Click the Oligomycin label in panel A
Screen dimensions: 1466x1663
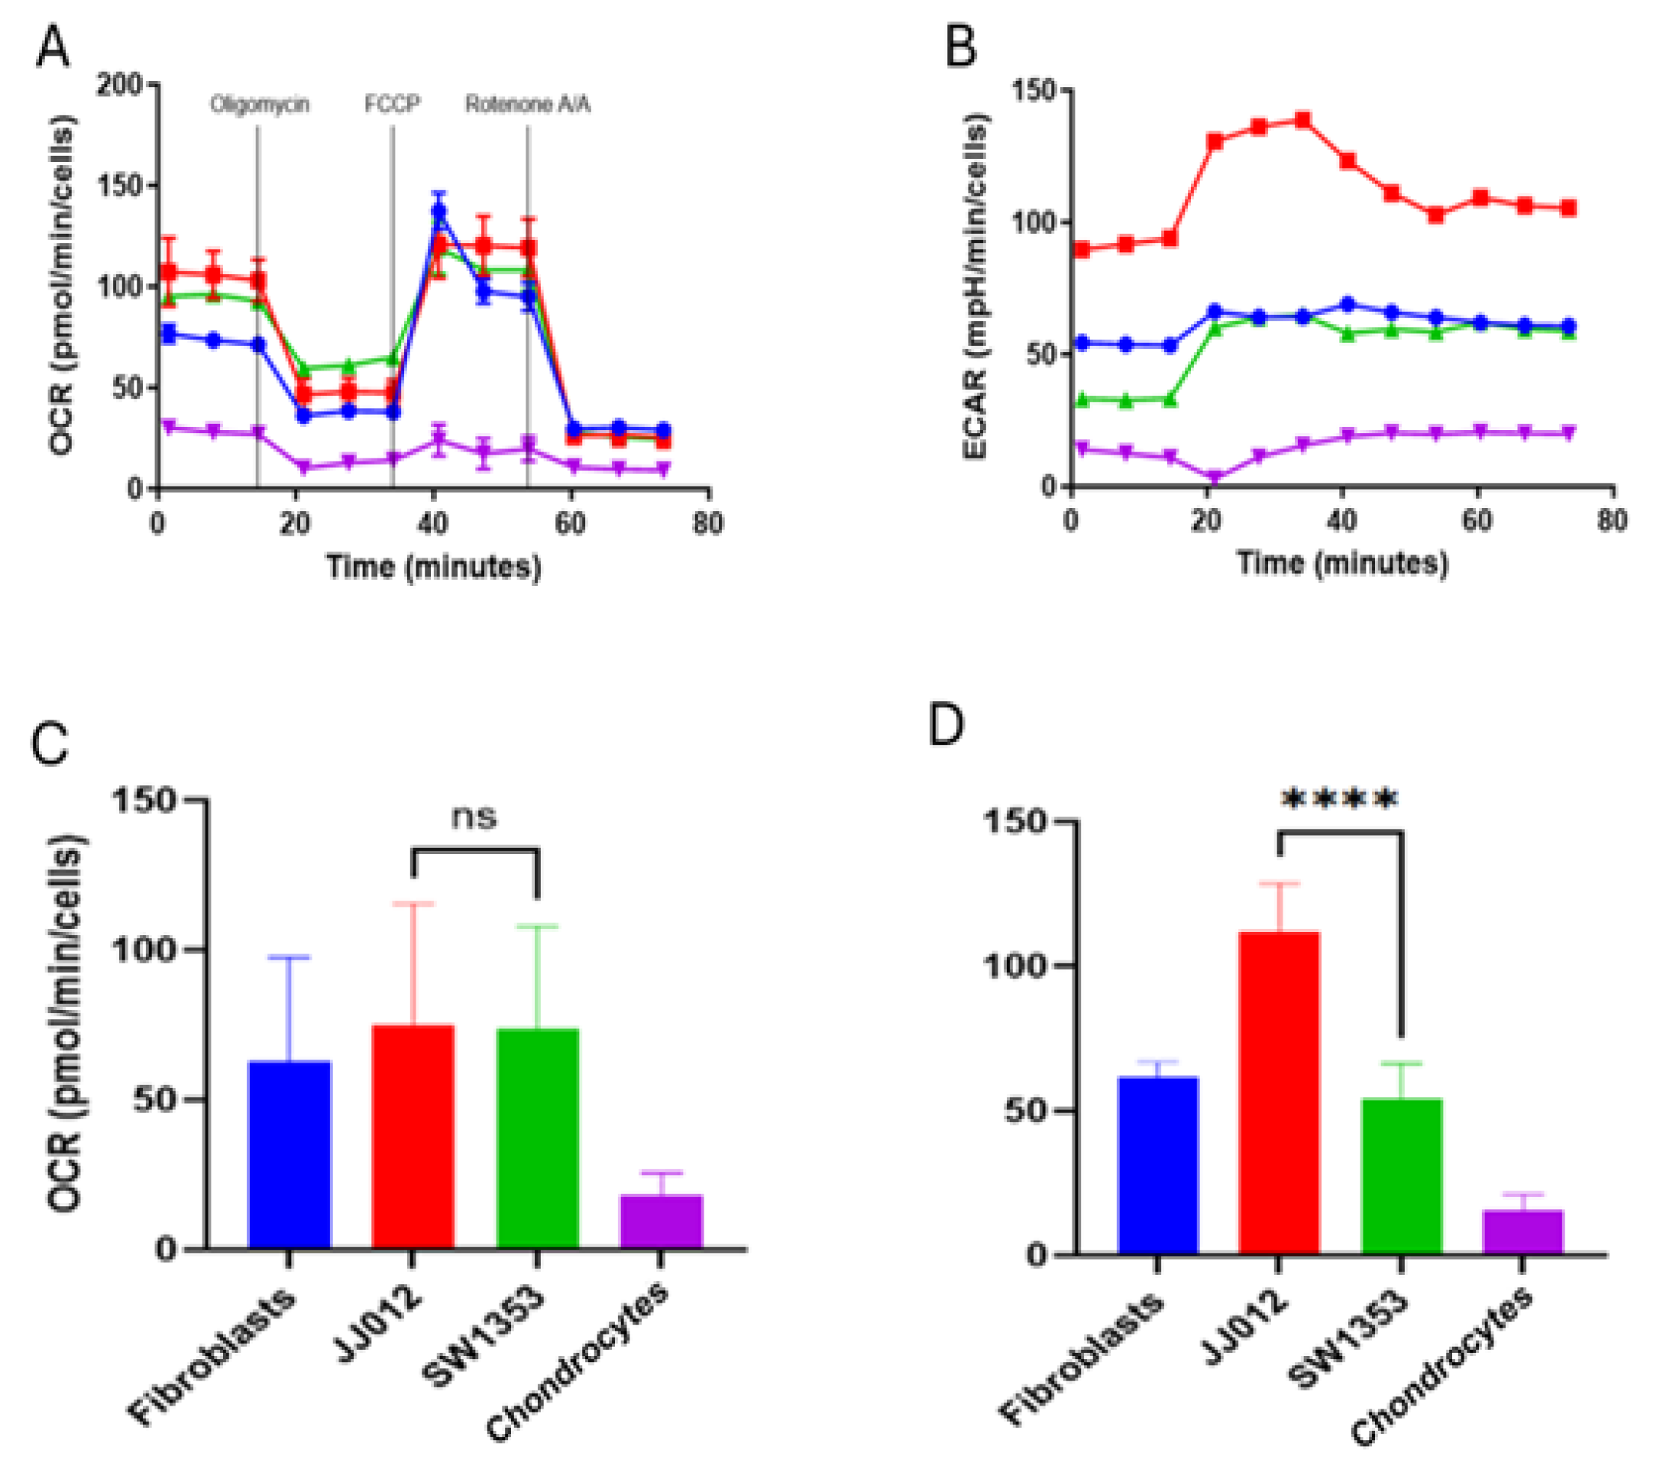(x=260, y=105)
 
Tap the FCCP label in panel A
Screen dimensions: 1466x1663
(x=392, y=105)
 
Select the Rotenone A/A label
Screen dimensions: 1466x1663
(x=528, y=105)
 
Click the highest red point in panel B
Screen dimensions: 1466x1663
(x=1302, y=121)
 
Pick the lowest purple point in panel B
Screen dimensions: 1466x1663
(x=1215, y=477)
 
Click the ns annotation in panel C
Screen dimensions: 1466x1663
(x=474, y=817)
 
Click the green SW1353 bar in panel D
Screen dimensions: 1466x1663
(x=1401, y=1176)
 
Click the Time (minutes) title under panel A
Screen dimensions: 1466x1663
(x=434, y=567)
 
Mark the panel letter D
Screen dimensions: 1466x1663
(x=946, y=727)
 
